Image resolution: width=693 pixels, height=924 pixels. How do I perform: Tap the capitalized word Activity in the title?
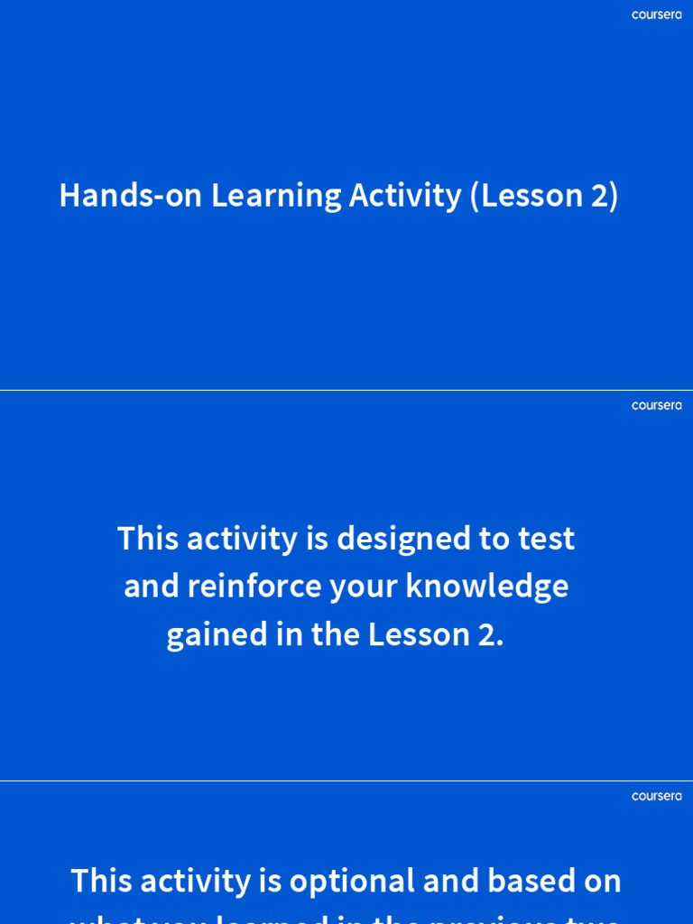coord(405,196)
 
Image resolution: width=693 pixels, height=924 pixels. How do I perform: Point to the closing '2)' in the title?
coord(605,196)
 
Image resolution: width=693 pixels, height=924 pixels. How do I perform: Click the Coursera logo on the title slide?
coord(656,15)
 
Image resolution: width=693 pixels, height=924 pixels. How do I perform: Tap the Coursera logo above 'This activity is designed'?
coord(656,406)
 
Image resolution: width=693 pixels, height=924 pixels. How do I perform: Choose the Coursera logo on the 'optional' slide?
coord(656,797)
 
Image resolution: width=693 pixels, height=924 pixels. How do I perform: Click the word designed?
coord(404,539)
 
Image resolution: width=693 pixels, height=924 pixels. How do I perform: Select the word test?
coord(546,539)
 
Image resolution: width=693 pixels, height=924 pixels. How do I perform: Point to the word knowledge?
coord(486,587)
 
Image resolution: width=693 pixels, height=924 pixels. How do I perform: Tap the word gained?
coord(206,635)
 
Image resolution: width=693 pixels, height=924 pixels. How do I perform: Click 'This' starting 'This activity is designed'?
coord(150,539)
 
